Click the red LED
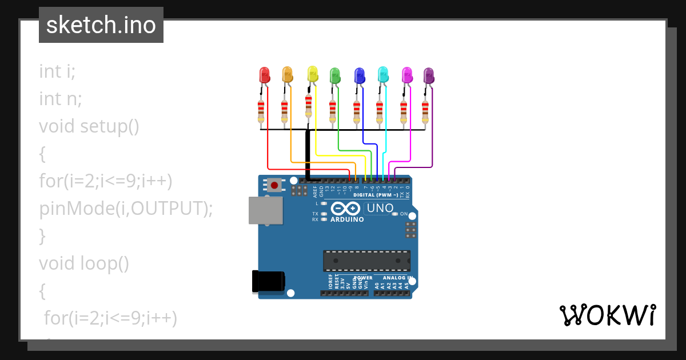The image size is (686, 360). click(x=264, y=75)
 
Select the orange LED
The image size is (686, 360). click(x=288, y=74)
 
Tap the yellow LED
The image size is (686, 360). click(x=312, y=74)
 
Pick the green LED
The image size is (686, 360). click(x=335, y=75)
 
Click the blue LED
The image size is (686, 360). click(x=359, y=75)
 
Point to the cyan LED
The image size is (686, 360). click(x=383, y=74)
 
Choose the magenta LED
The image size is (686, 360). click(x=407, y=74)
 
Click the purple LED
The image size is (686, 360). click(x=429, y=75)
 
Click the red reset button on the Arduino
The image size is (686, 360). click(x=275, y=185)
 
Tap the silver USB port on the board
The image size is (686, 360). click(x=265, y=210)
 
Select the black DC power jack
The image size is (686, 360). click(x=268, y=282)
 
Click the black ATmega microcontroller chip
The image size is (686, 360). click(x=366, y=261)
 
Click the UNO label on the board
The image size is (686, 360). click(x=380, y=209)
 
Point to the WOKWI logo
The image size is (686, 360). click(x=608, y=315)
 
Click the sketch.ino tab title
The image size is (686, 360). click(x=101, y=25)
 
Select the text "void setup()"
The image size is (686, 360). click(x=89, y=126)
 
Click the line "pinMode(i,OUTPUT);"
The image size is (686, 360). click(x=126, y=208)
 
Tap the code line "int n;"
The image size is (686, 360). click(x=61, y=99)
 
